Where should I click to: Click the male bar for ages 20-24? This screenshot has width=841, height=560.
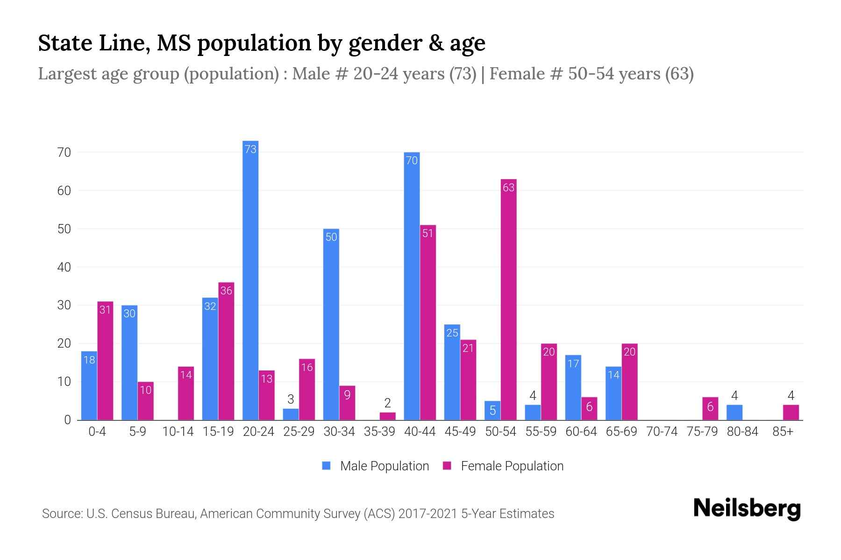(x=250, y=280)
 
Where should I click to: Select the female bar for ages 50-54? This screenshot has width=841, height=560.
(x=508, y=299)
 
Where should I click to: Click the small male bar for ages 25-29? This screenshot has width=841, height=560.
(x=291, y=414)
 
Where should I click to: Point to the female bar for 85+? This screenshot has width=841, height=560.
(x=791, y=413)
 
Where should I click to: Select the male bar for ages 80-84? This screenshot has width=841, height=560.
(x=734, y=413)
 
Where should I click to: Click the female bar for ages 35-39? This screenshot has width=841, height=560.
(x=387, y=416)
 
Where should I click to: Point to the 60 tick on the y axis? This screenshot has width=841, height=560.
(x=64, y=191)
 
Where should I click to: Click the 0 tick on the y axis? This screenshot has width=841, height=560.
(x=67, y=420)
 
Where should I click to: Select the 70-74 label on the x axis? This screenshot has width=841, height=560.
(x=662, y=432)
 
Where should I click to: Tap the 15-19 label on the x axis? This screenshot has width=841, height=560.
(x=218, y=432)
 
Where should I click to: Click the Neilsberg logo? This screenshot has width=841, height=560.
(x=747, y=509)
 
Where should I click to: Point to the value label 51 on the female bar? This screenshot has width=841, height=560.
(x=428, y=233)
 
